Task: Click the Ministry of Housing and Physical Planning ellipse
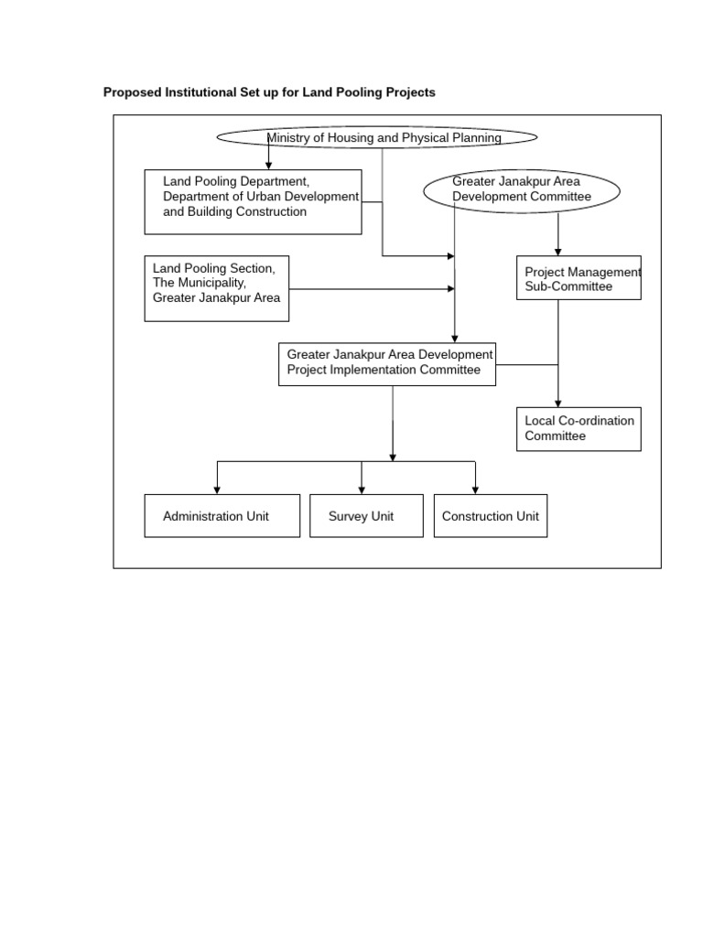[376, 137]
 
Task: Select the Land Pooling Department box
[253, 201]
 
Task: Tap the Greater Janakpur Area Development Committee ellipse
[522, 190]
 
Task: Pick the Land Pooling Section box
[217, 288]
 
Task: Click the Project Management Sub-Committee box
[579, 277]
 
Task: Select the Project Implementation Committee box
[387, 363]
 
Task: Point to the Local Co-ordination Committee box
[579, 428]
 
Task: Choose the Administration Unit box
[222, 516]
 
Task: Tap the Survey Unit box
[366, 516]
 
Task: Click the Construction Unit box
[491, 516]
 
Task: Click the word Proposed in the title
[133, 92]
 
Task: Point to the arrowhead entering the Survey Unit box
[362, 490]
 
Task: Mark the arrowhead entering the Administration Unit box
[217, 490]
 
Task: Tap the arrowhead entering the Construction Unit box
[476, 490]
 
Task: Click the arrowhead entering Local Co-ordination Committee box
[558, 403]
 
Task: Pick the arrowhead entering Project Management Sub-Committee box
[558, 252]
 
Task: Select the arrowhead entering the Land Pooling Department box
[268, 165]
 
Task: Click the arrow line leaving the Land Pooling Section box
[366, 289]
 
